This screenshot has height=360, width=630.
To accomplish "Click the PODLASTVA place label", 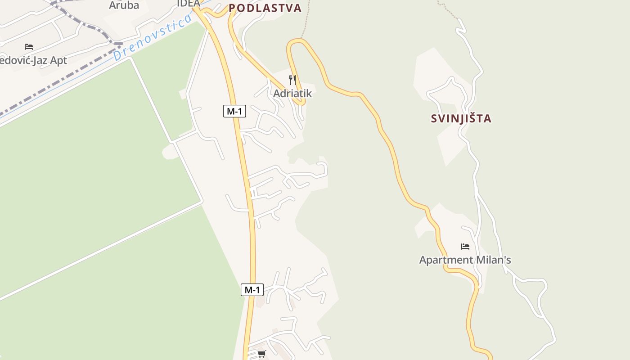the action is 265,8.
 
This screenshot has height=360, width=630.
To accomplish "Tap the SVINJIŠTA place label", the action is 461,119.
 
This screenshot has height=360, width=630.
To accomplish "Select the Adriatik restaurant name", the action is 292,94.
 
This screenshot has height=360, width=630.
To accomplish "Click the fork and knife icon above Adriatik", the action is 292,80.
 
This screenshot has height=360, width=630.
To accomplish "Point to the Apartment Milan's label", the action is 465,260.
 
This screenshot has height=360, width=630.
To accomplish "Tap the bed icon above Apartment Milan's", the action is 465,246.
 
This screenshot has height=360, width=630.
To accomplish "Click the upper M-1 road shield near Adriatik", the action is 234,111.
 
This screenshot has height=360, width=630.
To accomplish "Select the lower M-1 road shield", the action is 252,290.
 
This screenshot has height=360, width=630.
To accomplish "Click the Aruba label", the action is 124,5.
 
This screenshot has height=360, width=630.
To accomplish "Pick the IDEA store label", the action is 188,3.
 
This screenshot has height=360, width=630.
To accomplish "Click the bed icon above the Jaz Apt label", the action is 29,46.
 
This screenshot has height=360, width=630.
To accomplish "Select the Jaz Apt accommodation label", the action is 33,60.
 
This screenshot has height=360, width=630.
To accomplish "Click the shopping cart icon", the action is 261,354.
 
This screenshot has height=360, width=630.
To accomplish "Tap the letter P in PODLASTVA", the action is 232,8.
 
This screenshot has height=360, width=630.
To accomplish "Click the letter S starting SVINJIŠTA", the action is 434,119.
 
